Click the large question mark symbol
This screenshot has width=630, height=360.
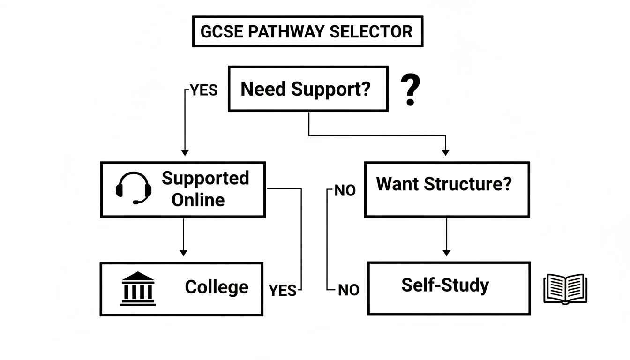(x=410, y=91)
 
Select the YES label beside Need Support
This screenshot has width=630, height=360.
(x=204, y=90)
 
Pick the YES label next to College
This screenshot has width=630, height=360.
(x=283, y=291)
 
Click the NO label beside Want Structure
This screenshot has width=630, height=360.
(x=345, y=191)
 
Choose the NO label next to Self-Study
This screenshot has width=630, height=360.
(x=348, y=291)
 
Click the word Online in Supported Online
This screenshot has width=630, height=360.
(x=198, y=200)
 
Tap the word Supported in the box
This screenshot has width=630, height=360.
(x=205, y=179)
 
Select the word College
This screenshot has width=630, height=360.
(x=217, y=287)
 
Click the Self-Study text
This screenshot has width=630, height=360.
(x=445, y=285)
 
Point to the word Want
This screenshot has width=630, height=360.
(x=397, y=184)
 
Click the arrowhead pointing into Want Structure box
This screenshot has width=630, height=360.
(x=445, y=152)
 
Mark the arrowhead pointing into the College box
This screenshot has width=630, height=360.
(x=183, y=253)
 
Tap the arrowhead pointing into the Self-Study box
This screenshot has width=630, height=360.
(x=446, y=253)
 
